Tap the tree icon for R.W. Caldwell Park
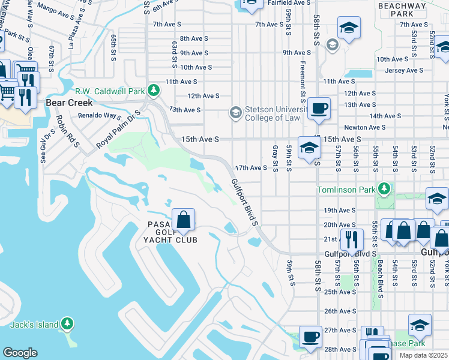click(154, 91)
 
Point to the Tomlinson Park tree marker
click(384, 190)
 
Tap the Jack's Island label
click(35, 325)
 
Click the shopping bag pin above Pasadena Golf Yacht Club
click(184, 220)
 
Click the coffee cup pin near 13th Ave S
click(319, 109)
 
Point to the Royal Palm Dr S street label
click(118, 130)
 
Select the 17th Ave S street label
click(250, 168)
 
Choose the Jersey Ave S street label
click(405, 70)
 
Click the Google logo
click(20, 353)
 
